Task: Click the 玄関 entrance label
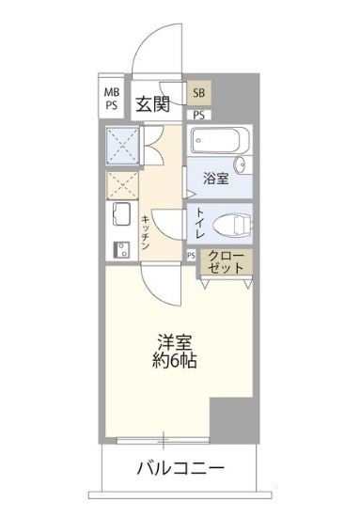coord(153,104)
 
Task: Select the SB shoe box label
coord(199,93)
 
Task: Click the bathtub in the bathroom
coord(219,140)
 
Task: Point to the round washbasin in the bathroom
coord(241,165)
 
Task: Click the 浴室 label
coord(215,179)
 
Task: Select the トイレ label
coord(200,223)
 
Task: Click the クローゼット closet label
coord(227,262)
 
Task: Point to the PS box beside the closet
coord(191,256)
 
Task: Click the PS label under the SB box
coord(199,115)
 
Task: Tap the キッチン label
coord(146,232)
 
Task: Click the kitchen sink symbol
coord(121,213)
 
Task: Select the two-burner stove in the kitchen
coord(121,250)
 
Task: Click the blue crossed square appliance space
coord(122,146)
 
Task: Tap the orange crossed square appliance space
coord(122,185)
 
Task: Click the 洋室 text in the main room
coord(175,342)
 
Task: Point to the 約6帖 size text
coord(175,360)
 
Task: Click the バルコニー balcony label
coord(180,468)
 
